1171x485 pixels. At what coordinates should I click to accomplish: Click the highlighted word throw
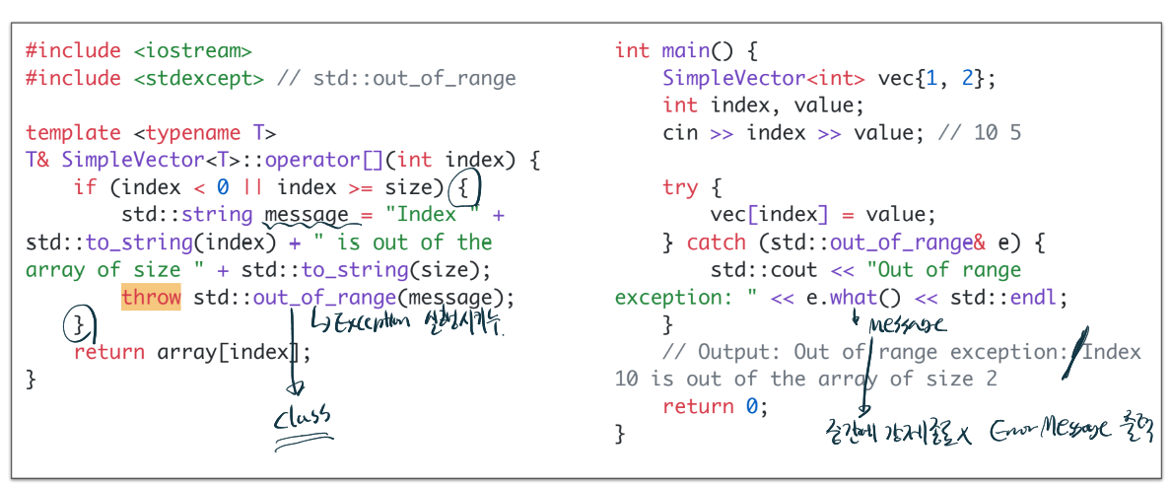(151, 298)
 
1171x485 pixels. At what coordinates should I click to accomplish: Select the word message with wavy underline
(306, 215)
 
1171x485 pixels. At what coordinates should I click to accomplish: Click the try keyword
(680, 187)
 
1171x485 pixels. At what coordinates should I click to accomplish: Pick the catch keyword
(717, 242)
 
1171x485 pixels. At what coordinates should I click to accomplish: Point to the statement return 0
(714, 406)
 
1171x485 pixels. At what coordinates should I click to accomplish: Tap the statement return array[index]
(192, 352)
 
